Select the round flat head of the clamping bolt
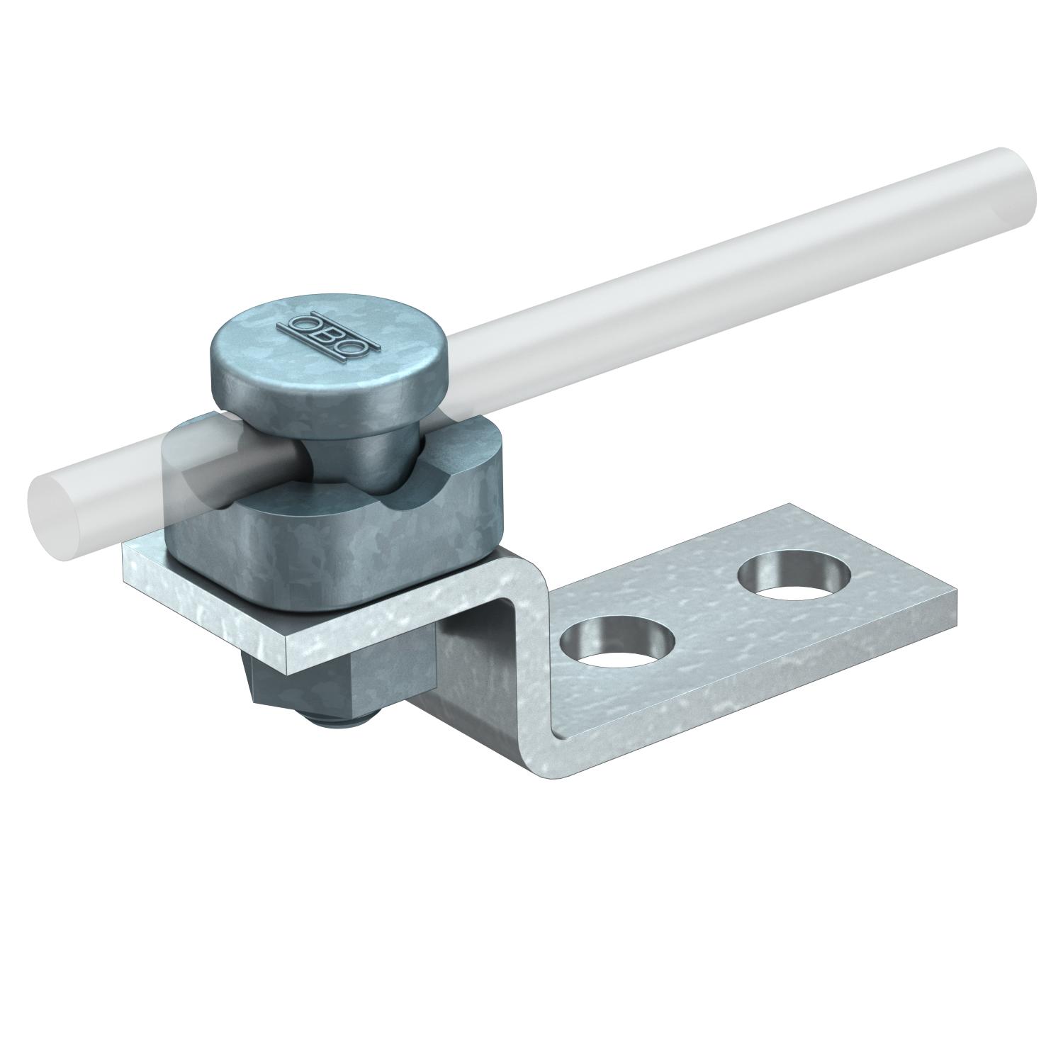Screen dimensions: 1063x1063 (312, 354)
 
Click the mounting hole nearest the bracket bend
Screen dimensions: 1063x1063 (617, 645)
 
